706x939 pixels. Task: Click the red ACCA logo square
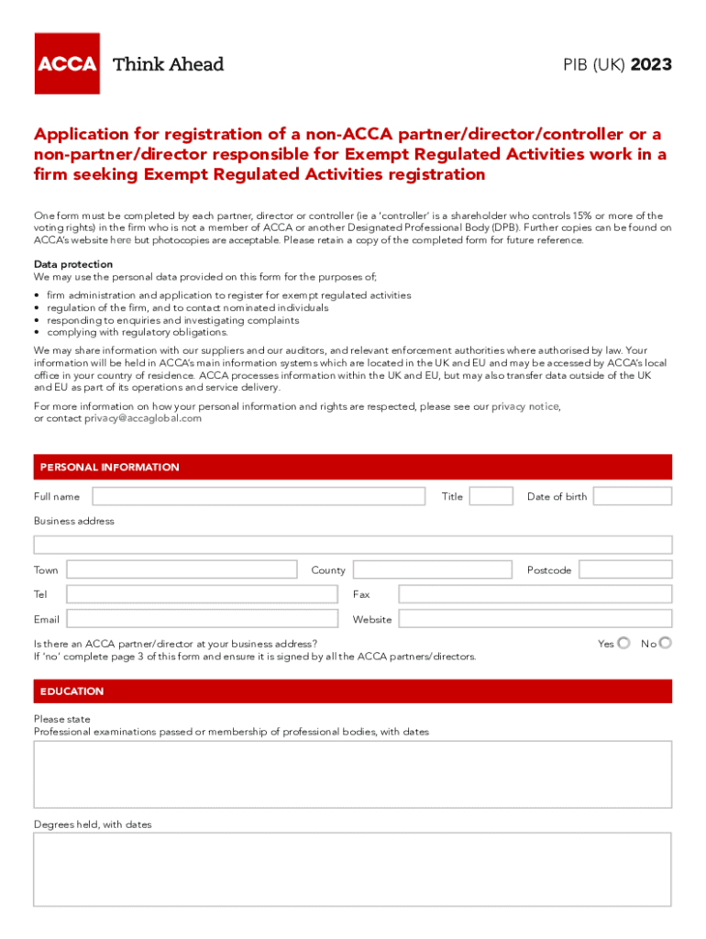coord(67,63)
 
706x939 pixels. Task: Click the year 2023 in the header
coord(651,64)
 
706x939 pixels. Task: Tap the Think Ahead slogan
coord(168,64)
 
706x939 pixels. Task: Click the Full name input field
coord(259,496)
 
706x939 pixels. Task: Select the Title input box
coord(491,496)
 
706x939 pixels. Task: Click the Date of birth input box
coord(633,496)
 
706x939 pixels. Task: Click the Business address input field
coord(353,545)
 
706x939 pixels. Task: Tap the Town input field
coord(182,569)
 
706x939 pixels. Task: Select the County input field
coord(432,569)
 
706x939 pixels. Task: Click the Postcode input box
coord(625,569)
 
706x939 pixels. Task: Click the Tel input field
coord(202,594)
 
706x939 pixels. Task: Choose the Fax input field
coord(535,594)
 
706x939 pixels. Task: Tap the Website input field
coord(535,619)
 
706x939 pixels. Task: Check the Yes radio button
coord(624,643)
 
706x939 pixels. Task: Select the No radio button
coord(666,643)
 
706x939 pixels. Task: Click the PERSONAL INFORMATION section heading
coord(110,467)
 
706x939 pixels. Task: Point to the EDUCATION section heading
coord(72,691)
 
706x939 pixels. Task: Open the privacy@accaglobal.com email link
coord(143,418)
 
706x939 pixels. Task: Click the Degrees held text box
coord(353,868)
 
